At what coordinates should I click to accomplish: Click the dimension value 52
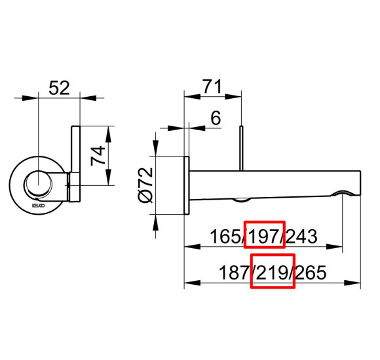pyautogui.click(x=60, y=88)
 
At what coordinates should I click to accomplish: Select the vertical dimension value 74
pyautogui.click(x=115, y=157)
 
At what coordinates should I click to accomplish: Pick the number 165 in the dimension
pyautogui.click(x=224, y=235)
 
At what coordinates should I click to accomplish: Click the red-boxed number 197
pyautogui.click(x=264, y=235)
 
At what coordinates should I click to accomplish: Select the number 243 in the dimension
pyautogui.click(x=303, y=235)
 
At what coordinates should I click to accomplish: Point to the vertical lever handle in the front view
pyautogui.click(x=75, y=164)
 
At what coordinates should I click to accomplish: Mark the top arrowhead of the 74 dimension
pyautogui.click(x=109, y=128)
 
